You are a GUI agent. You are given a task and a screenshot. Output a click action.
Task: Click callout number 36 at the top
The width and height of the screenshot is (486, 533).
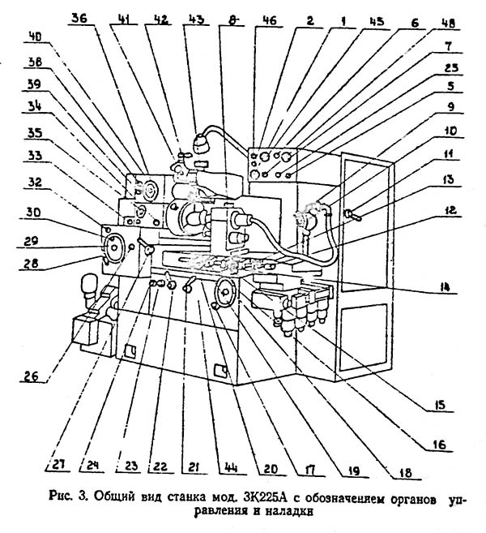[79, 18]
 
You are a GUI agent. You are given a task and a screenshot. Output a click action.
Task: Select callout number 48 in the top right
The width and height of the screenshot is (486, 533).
[447, 24]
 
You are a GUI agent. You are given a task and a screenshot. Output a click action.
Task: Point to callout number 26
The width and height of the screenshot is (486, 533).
[32, 376]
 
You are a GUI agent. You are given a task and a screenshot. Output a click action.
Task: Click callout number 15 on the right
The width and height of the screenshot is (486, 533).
[439, 405]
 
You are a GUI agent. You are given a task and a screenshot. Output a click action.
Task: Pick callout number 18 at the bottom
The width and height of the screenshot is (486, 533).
[406, 472]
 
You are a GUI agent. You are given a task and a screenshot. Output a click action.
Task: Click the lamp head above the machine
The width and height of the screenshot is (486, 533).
[201, 144]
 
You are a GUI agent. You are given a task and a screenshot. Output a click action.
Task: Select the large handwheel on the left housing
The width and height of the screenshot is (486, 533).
[113, 247]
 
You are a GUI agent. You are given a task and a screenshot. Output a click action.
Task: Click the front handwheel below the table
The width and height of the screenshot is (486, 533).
[224, 292]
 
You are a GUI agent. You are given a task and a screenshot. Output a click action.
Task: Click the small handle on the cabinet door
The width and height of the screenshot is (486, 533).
[354, 215]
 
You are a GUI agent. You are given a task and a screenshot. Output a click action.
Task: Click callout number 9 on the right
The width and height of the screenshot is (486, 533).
[450, 107]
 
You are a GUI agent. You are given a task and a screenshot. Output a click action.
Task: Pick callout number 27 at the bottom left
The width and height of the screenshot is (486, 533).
[58, 465]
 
